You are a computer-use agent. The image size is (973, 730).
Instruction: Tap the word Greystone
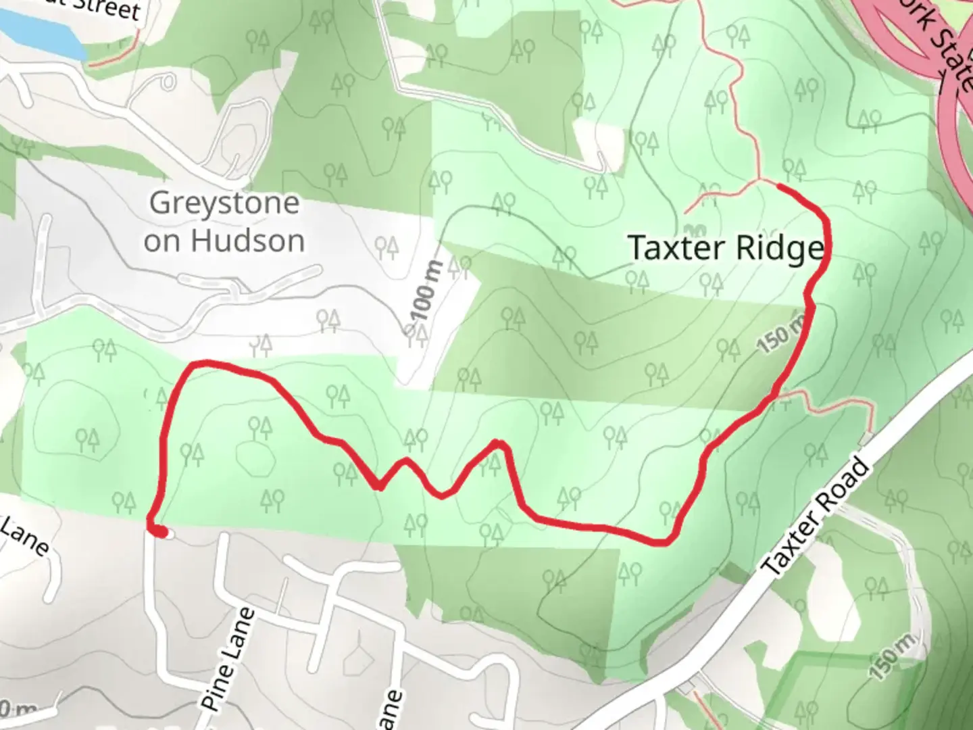click(x=224, y=203)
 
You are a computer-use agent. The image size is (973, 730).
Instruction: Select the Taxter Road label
click(x=816, y=518)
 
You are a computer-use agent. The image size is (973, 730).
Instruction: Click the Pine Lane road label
click(x=228, y=659)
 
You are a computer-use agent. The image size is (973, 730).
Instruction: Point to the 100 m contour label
click(x=426, y=290)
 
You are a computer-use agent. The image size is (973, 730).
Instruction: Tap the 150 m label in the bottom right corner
click(x=893, y=656)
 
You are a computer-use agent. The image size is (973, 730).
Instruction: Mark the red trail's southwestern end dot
click(x=159, y=533)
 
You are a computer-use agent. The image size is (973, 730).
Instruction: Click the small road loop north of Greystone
click(x=166, y=82)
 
